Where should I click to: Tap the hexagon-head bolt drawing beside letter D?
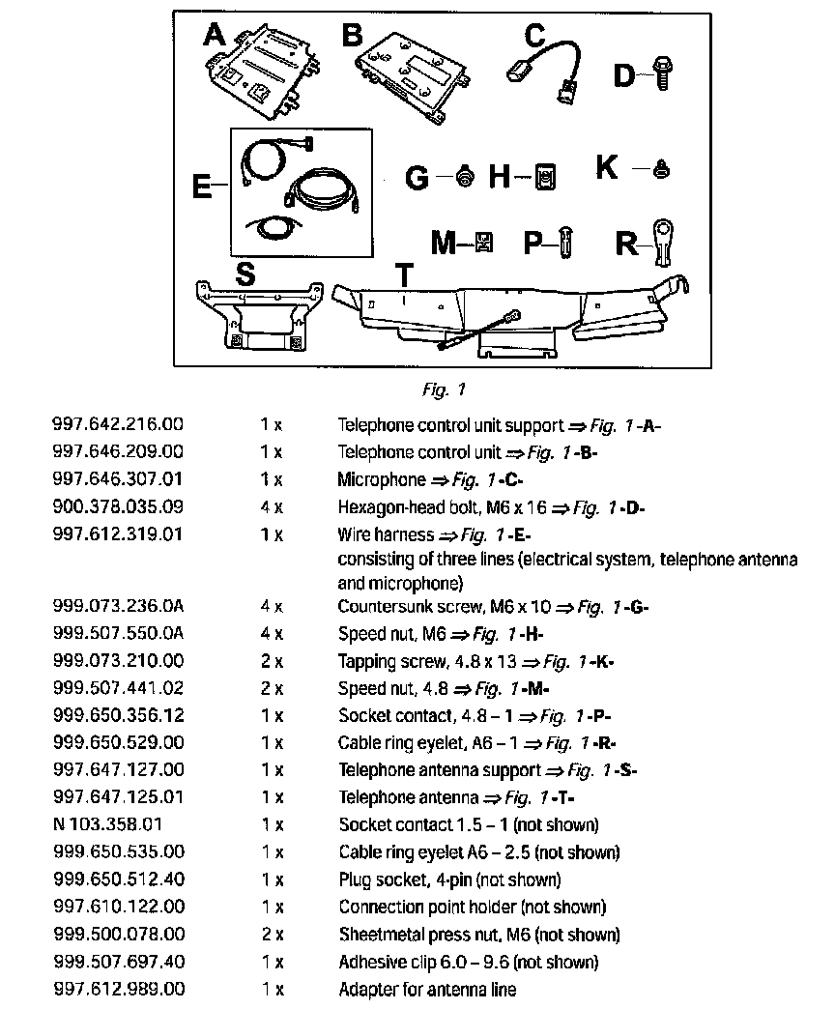[663, 73]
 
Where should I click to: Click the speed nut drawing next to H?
[546, 176]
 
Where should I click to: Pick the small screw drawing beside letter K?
[662, 169]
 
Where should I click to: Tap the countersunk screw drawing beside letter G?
[466, 177]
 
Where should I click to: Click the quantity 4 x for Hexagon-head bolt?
[271, 507]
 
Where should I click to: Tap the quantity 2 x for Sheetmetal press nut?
[271, 936]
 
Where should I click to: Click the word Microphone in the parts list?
[381, 479]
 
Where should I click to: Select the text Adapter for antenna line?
[427, 990]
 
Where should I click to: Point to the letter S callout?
[245, 274]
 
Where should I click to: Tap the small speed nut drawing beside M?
[484, 242]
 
